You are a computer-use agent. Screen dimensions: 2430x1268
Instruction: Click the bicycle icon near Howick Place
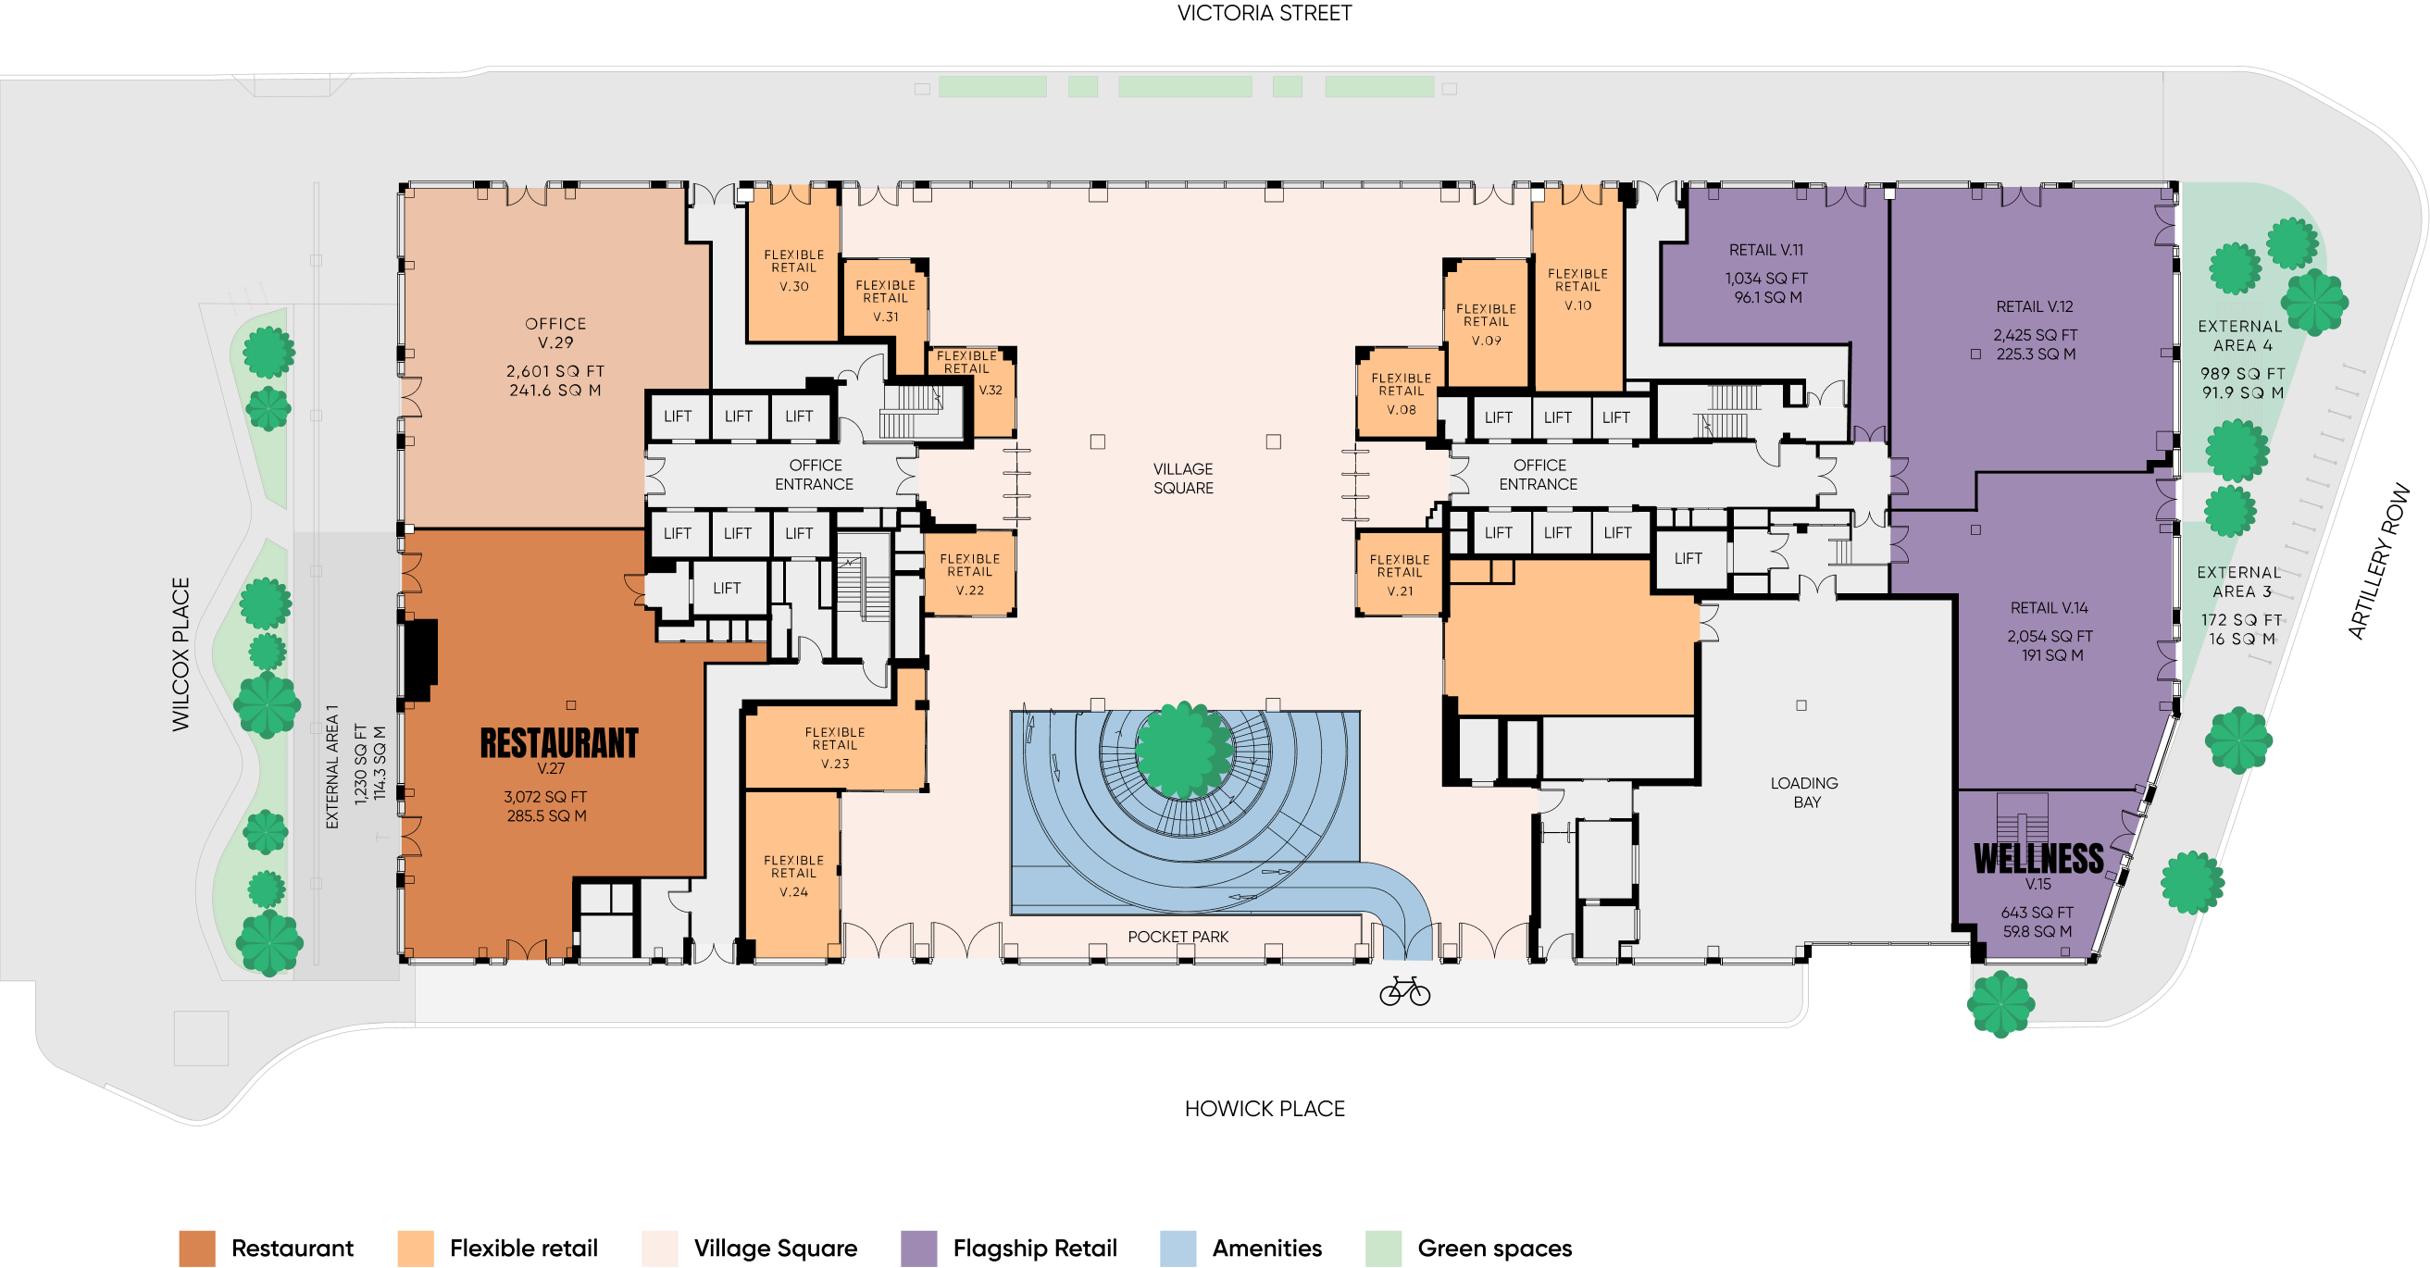pyautogui.click(x=1404, y=990)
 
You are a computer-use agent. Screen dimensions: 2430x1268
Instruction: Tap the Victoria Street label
pyautogui.click(x=1264, y=13)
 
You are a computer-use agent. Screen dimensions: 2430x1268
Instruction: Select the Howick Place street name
pyautogui.click(x=1264, y=1109)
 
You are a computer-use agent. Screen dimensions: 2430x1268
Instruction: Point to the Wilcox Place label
pyautogui.click(x=181, y=653)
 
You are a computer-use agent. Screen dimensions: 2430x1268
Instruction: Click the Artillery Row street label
pyautogui.click(x=2378, y=562)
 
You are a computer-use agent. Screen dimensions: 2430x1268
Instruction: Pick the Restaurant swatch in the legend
pyautogui.click(x=197, y=1249)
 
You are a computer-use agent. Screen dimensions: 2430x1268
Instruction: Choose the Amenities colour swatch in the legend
pyautogui.click(x=1178, y=1249)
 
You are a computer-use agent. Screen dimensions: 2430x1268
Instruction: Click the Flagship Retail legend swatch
pyautogui.click(x=919, y=1249)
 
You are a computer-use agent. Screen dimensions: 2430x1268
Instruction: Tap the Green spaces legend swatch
pyautogui.click(x=1383, y=1249)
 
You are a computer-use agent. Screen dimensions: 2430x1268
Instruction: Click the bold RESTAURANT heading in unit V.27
pyautogui.click(x=559, y=743)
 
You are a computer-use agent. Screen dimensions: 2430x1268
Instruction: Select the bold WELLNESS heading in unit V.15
pyautogui.click(x=2038, y=859)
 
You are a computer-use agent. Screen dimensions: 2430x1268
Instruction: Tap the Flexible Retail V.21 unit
pyautogui.click(x=1400, y=575)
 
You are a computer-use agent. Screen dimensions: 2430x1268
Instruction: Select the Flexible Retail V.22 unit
pyautogui.click(x=970, y=574)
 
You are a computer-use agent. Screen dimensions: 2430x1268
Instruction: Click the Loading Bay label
pyautogui.click(x=1804, y=792)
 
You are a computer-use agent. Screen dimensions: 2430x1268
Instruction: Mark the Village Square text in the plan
pyautogui.click(x=1183, y=479)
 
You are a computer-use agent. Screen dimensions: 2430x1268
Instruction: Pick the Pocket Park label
pyautogui.click(x=1178, y=937)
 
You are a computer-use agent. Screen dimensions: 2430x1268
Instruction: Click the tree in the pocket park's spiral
pyautogui.click(x=1184, y=750)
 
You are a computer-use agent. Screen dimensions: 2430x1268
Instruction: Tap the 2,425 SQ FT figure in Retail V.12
pyautogui.click(x=2036, y=335)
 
